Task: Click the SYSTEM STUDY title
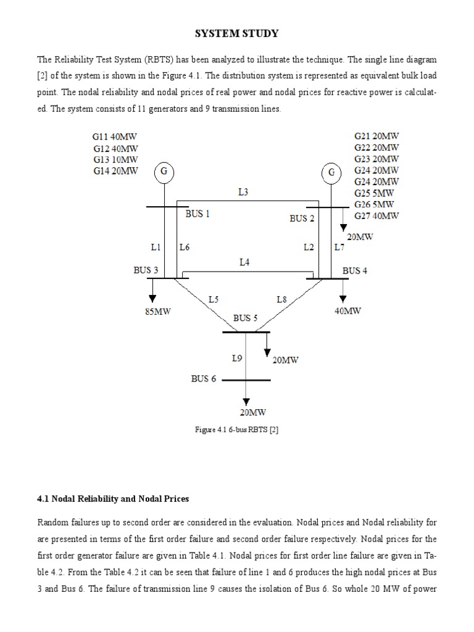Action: pyautogui.click(x=237, y=33)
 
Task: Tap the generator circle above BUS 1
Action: pyautogui.click(x=164, y=172)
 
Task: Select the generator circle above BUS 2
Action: pyautogui.click(x=332, y=172)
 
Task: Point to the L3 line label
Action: pyautogui.click(x=244, y=192)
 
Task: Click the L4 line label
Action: pyautogui.click(x=245, y=262)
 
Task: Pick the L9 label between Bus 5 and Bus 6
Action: pyautogui.click(x=237, y=357)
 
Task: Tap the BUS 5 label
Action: pyautogui.click(x=245, y=318)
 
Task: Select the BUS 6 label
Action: pyautogui.click(x=203, y=378)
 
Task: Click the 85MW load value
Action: pyautogui.click(x=157, y=312)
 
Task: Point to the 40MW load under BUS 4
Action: pyautogui.click(x=348, y=311)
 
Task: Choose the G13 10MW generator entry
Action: pyautogui.click(x=116, y=159)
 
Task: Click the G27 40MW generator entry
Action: pyautogui.click(x=376, y=215)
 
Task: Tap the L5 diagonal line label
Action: pyautogui.click(x=214, y=299)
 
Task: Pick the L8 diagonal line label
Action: pyautogui.click(x=281, y=299)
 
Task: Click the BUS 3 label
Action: pyautogui.click(x=146, y=270)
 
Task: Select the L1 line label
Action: pyautogui.click(x=156, y=247)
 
